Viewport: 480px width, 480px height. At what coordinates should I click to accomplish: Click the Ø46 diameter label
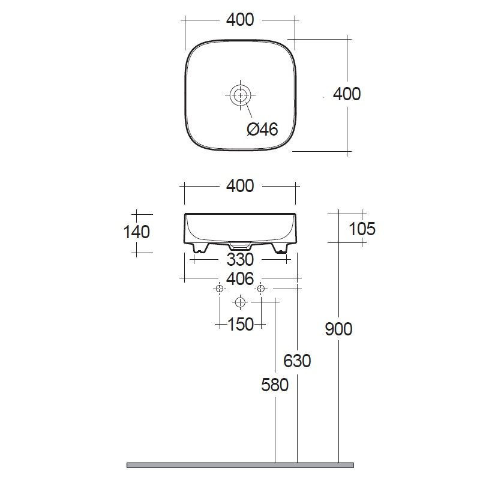click(x=262, y=129)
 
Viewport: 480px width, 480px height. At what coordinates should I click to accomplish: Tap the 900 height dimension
click(x=338, y=329)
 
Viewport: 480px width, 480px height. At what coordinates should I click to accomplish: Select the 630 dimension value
click(x=297, y=361)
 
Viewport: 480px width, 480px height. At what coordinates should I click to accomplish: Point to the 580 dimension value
click(x=275, y=385)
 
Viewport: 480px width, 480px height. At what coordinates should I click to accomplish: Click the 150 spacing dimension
click(x=241, y=324)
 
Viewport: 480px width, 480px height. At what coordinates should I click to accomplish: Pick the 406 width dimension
click(x=240, y=278)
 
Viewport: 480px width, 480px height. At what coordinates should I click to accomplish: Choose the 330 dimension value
click(x=240, y=260)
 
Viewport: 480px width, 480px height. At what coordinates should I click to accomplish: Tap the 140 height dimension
click(x=137, y=232)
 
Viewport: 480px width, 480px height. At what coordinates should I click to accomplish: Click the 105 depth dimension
click(x=362, y=229)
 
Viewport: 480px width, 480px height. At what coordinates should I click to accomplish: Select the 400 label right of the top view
click(x=347, y=94)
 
